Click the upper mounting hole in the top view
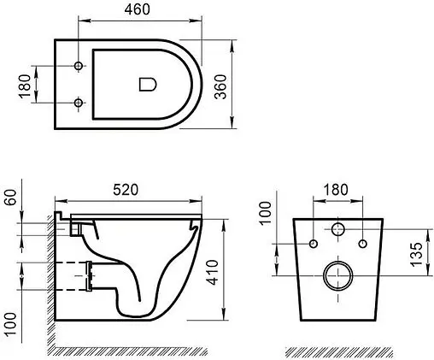coord(79,67)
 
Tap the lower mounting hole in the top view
coord(79,103)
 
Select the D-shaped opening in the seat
coord(146,84)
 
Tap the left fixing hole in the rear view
coord(314,244)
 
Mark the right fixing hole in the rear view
coord(365,244)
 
